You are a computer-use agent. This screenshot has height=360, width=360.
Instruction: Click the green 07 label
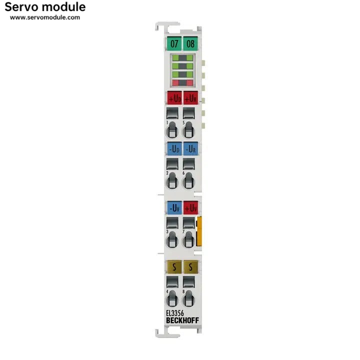(174, 43)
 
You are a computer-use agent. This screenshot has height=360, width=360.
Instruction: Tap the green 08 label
(190, 43)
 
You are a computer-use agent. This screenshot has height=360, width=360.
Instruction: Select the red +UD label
(174, 98)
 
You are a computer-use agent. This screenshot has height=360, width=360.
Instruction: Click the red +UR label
(190, 98)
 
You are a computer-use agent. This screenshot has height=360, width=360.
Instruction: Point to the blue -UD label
(174, 148)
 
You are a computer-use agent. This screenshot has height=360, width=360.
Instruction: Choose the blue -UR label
(190, 148)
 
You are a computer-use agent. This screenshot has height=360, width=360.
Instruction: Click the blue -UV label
(174, 207)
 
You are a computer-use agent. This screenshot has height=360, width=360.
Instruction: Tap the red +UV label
(190, 207)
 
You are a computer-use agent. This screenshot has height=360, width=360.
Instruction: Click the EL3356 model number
(175, 313)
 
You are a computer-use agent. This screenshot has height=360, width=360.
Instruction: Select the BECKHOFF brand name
(182, 320)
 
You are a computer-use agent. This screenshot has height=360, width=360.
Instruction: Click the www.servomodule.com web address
(45, 17)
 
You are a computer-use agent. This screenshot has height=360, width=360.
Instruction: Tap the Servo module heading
(45, 7)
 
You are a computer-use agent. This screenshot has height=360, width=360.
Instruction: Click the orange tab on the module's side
(199, 231)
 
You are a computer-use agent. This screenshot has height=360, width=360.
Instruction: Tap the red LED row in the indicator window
(182, 82)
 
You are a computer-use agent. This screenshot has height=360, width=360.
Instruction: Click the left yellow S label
(174, 267)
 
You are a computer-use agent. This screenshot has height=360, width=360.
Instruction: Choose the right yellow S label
(190, 267)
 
